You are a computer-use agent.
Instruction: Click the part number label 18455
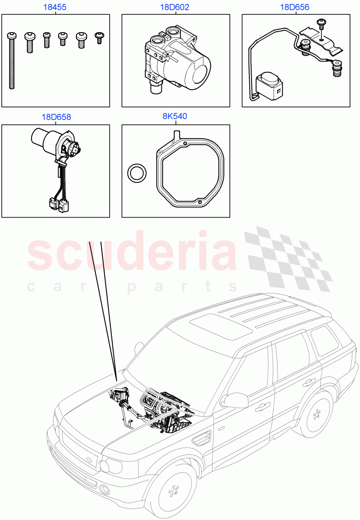pos(56,7)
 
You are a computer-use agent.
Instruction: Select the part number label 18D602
pos(175,7)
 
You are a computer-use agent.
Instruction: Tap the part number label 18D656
pos(295,7)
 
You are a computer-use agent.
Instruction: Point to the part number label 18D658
pos(56,117)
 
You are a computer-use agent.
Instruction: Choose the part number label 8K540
pos(175,117)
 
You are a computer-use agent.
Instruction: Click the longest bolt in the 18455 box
pos(11,60)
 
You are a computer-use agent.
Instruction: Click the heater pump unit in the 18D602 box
pos(178,61)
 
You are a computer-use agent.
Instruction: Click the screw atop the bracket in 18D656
pos(321,23)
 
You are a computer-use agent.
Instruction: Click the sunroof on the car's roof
pos(221,325)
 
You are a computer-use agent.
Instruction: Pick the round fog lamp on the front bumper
pos(105,490)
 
